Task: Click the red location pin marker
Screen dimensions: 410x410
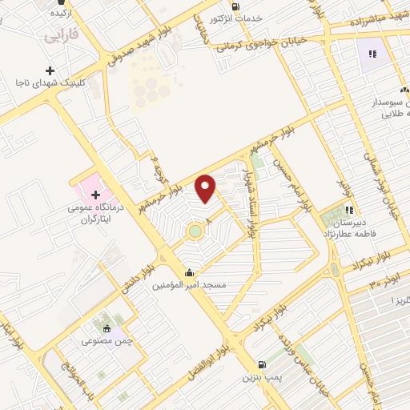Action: click(x=206, y=188)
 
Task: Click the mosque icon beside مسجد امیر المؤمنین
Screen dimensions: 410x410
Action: click(x=189, y=271)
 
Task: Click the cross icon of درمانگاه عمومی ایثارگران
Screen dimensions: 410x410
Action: click(x=95, y=195)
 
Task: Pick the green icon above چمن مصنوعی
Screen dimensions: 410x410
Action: click(x=106, y=328)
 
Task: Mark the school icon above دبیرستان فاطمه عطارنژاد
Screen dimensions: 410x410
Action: click(x=348, y=210)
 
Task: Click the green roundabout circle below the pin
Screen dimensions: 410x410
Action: click(x=195, y=232)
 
